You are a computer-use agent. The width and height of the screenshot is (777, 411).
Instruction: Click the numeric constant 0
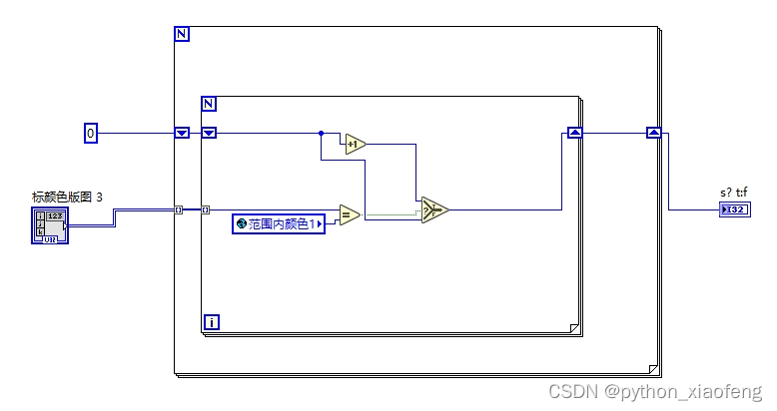(x=90, y=132)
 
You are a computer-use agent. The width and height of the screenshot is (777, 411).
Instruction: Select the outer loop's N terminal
(x=182, y=34)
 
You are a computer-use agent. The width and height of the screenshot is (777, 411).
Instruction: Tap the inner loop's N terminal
(x=209, y=104)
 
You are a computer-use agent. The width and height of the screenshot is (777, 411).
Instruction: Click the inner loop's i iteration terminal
(x=211, y=321)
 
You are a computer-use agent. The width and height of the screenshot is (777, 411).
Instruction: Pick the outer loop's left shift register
(x=182, y=132)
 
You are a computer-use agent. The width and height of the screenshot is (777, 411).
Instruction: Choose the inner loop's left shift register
(x=209, y=132)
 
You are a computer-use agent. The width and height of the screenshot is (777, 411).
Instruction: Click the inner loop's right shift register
(x=574, y=132)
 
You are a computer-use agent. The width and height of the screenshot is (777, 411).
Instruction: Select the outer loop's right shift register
(x=653, y=132)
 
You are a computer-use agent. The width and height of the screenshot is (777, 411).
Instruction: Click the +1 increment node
(x=355, y=146)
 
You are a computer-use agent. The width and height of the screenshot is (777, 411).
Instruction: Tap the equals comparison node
(x=348, y=214)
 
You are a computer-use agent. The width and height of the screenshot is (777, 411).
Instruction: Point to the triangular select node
(x=434, y=209)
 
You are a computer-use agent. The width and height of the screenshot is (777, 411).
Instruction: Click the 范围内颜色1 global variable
(x=280, y=224)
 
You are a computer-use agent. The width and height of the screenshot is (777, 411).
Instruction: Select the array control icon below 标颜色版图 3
(x=50, y=226)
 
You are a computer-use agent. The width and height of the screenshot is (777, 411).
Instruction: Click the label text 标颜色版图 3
(x=67, y=197)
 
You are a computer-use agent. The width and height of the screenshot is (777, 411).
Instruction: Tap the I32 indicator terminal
(x=732, y=209)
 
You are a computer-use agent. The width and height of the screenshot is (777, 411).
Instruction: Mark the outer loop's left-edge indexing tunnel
(x=179, y=209)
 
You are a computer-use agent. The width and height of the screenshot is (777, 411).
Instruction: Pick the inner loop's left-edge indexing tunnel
(x=205, y=209)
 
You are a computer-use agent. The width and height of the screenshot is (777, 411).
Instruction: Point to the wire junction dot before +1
(x=321, y=132)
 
